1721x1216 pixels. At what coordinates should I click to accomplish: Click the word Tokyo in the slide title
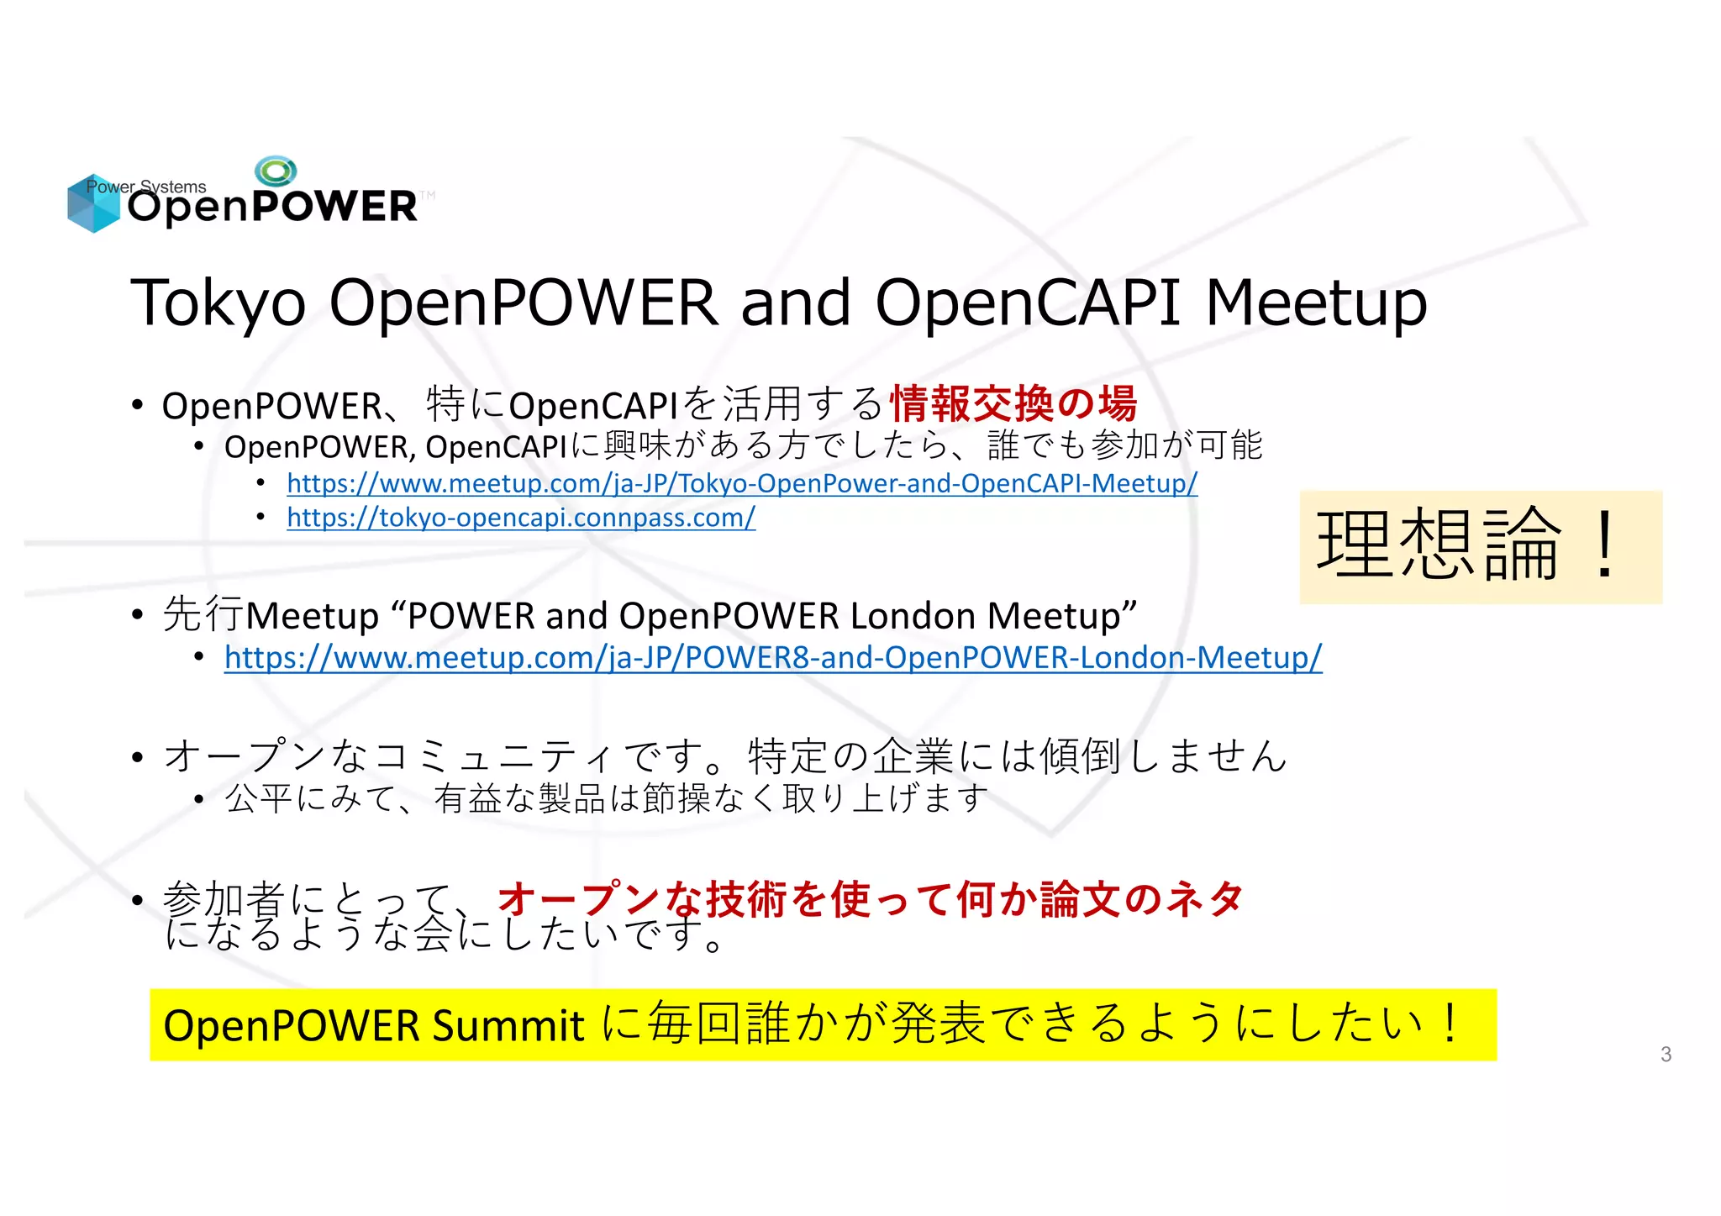point(218,303)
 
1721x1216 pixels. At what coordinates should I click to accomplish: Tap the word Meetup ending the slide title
point(1316,303)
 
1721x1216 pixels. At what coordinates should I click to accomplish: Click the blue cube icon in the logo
point(93,204)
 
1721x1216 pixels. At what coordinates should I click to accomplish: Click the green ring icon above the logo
point(276,171)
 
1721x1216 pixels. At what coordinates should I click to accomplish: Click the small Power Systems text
point(146,187)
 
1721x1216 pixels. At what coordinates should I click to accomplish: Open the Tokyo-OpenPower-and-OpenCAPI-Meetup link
point(742,483)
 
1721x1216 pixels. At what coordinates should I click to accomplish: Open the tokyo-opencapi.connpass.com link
point(521,518)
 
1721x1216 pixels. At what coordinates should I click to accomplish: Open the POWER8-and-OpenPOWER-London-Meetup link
point(773,657)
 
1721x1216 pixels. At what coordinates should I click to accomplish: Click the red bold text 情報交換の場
point(1013,404)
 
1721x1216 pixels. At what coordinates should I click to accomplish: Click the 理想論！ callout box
point(1481,546)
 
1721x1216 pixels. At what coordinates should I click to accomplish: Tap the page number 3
point(1666,1054)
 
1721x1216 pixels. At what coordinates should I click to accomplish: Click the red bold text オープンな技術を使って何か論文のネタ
point(870,899)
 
